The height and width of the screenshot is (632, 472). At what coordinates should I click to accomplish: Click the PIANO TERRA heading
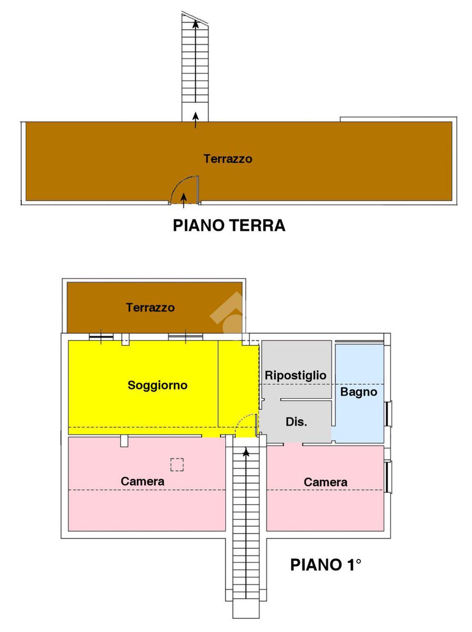[229, 225]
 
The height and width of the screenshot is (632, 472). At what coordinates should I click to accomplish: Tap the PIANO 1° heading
[326, 565]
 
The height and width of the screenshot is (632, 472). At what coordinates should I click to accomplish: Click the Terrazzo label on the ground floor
[228, 159]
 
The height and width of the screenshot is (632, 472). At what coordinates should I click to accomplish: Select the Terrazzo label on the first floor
[150, 308]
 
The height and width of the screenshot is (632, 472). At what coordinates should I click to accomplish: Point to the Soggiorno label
[157, 386]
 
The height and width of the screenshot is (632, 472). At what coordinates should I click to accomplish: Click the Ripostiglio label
[295, 376]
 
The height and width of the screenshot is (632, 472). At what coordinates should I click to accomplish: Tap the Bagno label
[358, 392]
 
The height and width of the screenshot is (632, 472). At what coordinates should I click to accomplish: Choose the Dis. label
[296, 422]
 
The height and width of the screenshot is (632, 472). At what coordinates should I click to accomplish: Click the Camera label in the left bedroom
[142, 481]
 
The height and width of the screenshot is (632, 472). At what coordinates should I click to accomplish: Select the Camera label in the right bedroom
[325, 482]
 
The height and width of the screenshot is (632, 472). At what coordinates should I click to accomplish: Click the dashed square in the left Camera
[177, 464]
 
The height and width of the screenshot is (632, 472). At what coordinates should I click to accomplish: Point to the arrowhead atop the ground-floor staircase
[196, 23]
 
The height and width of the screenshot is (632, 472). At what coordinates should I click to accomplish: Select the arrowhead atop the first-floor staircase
[246, 451]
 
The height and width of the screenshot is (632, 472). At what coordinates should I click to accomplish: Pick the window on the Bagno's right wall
[388, 413]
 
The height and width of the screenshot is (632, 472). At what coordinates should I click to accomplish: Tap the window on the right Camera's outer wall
[388, 477]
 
